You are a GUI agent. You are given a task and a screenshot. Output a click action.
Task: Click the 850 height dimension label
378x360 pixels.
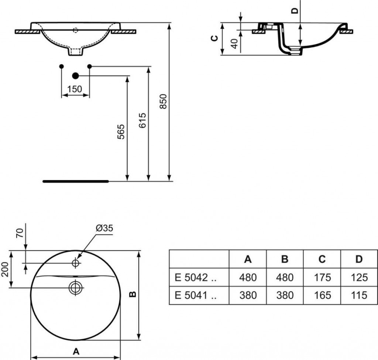(x=163, y=101)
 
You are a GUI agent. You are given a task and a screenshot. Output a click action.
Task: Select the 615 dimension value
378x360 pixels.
(x=142, y=120)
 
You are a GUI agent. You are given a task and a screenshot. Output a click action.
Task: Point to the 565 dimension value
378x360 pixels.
(x=121, y=132)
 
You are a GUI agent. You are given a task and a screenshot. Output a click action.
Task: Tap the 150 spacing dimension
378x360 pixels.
(x=75, y=89)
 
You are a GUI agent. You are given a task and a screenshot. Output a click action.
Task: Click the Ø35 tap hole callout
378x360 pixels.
(x=104, y=228)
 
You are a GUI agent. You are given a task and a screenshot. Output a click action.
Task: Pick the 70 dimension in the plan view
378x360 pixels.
(x=20, y=233)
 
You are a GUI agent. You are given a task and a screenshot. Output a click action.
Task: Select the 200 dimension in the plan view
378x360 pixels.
(x=5, y=269)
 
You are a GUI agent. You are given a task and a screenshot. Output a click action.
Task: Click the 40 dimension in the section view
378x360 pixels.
(x=234, y=44)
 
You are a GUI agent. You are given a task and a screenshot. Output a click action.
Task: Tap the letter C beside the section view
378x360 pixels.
(x=214, y=38)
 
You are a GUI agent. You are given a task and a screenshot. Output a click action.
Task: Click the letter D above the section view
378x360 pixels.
(x=295, y=11)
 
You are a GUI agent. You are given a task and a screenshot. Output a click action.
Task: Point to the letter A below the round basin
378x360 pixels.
(x=76, y=351)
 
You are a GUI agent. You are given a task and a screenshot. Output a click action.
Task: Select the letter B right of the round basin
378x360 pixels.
(x=133, y=294)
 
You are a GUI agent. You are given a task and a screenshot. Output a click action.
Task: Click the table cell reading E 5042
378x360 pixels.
(x=196, y=278)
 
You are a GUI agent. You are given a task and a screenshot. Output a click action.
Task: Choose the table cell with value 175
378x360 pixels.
(x=322, y=278)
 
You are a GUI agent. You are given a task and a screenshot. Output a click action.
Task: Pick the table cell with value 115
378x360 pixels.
(x=359, y=295)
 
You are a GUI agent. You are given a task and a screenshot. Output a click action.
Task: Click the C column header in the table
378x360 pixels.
(x=322, y=259)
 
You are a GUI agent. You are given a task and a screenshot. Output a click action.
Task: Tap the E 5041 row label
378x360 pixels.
(x=196, y=295)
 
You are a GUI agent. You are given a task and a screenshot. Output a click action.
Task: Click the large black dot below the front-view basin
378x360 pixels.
(x=75, y=76)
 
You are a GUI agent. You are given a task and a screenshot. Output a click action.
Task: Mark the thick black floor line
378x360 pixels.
(x=76, y=181)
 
